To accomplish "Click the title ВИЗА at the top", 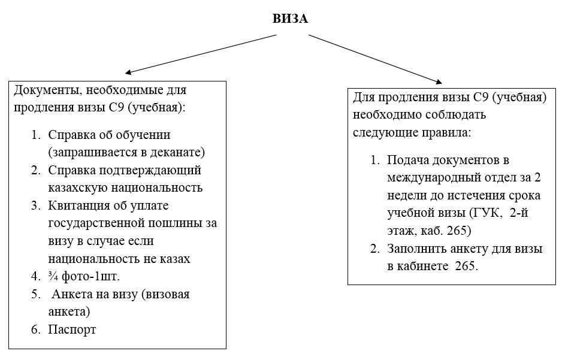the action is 290,19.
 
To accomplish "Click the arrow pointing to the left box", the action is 201,55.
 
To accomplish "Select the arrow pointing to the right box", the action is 376,59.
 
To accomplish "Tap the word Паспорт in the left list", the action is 72,330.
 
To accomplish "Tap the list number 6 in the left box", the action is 35,329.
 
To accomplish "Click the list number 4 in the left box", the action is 35,276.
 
